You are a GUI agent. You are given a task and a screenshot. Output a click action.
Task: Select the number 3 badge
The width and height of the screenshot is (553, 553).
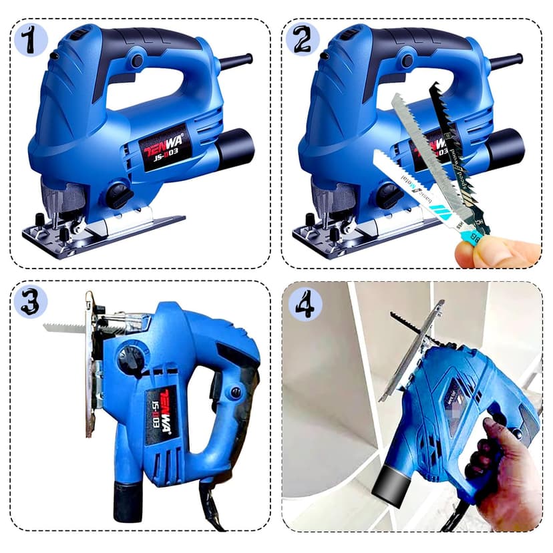(31, 302)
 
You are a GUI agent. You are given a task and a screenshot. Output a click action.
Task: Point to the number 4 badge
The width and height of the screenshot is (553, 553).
(305, 304)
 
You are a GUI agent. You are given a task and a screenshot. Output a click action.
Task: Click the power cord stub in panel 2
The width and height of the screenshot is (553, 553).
(506, 63)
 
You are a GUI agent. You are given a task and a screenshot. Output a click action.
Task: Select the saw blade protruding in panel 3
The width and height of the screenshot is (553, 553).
(64, 327)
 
